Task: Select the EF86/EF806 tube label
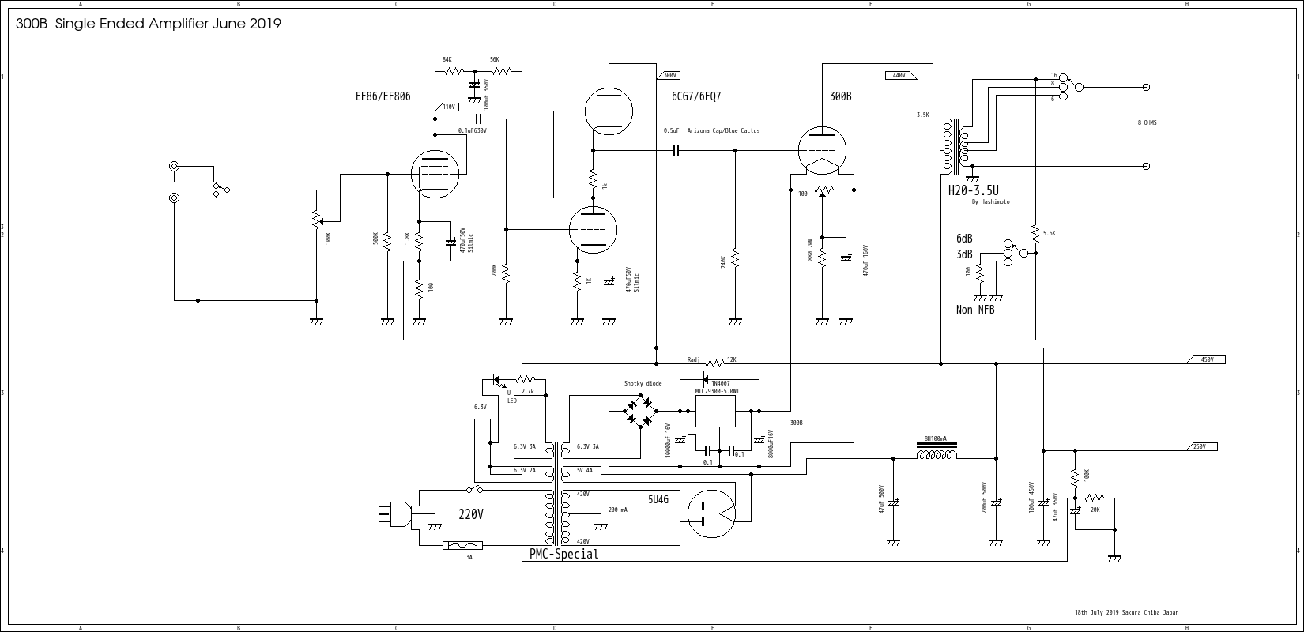383,96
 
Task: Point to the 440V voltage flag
900,75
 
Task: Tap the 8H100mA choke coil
937,454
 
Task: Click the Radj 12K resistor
714,363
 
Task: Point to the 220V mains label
471,514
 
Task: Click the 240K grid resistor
735,258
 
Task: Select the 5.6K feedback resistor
1035,232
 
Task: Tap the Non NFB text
975,310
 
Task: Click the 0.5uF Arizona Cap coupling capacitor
676,150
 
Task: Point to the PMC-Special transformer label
563,555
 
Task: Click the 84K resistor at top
454,71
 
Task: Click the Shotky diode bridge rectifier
639,412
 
